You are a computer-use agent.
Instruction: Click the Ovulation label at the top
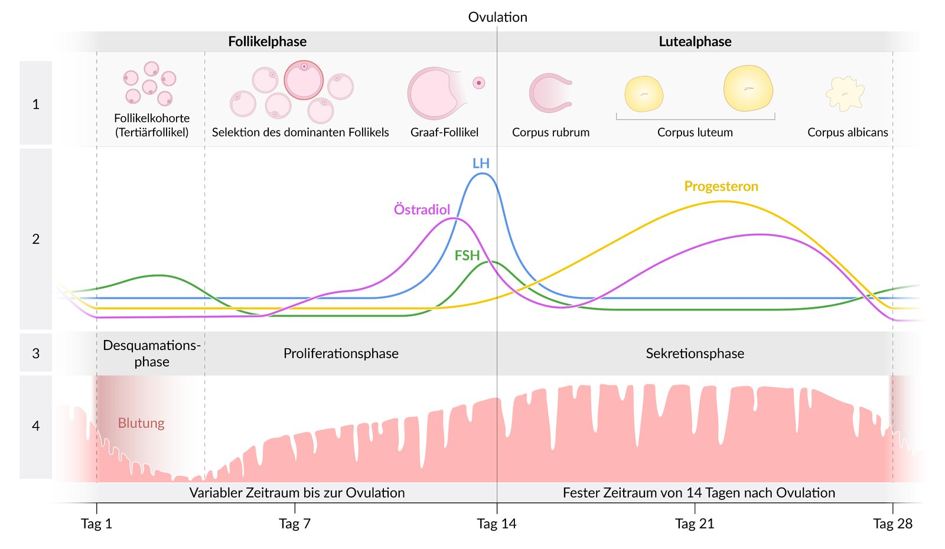pyautogui.click(x=497, y=17)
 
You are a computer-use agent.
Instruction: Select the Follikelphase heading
pyautogui.click(x=267, y=41)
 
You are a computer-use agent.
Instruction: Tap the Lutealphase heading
pyautogui.click(x=695, y=41)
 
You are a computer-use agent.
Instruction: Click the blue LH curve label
pyautogui.click(x=481, y=164)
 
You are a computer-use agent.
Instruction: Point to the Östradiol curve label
pyautogui.click(x=422, y=210)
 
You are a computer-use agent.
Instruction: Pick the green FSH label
pyautogui.click(x=467, y=256)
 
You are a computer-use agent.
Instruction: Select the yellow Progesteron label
pyautogui.click(x=721, y=187)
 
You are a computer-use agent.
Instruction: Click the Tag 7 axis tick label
pyautogui.click(x=294, y=524)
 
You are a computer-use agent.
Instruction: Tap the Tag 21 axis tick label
pyautogui.click(x=695, y=524)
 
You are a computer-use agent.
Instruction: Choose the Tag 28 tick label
pyautogui.click(x=892, y=524)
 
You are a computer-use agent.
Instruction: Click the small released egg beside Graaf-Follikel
pyautogui.click(x=478, y=83)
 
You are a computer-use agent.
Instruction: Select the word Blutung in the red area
pyautogui.click(x=141, y=423)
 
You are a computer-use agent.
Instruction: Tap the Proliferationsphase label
pyautogui.click(x=341, y=354)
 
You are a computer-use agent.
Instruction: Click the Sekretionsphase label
pyautogui.click(x=695, y=354)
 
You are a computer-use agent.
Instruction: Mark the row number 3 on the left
pyautogui.click(x=35, y=354)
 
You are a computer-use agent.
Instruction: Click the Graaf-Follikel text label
pyautogui.click(x=444, y=132)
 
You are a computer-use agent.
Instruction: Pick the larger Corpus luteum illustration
pyautogui.click(x=748, y=89)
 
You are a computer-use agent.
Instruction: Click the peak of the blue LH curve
pyautogui.click(x=483, y=173)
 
